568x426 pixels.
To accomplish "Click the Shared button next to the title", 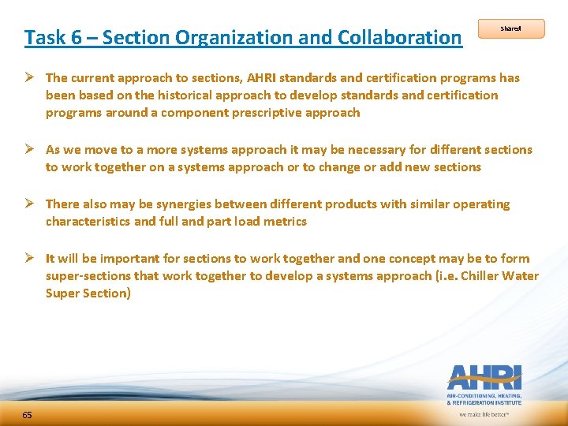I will click(510, 29).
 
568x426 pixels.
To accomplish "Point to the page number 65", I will click(27, 415).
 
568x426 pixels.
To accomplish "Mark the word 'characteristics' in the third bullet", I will click(88, 221).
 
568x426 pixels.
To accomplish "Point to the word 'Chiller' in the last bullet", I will click(484, 275).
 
